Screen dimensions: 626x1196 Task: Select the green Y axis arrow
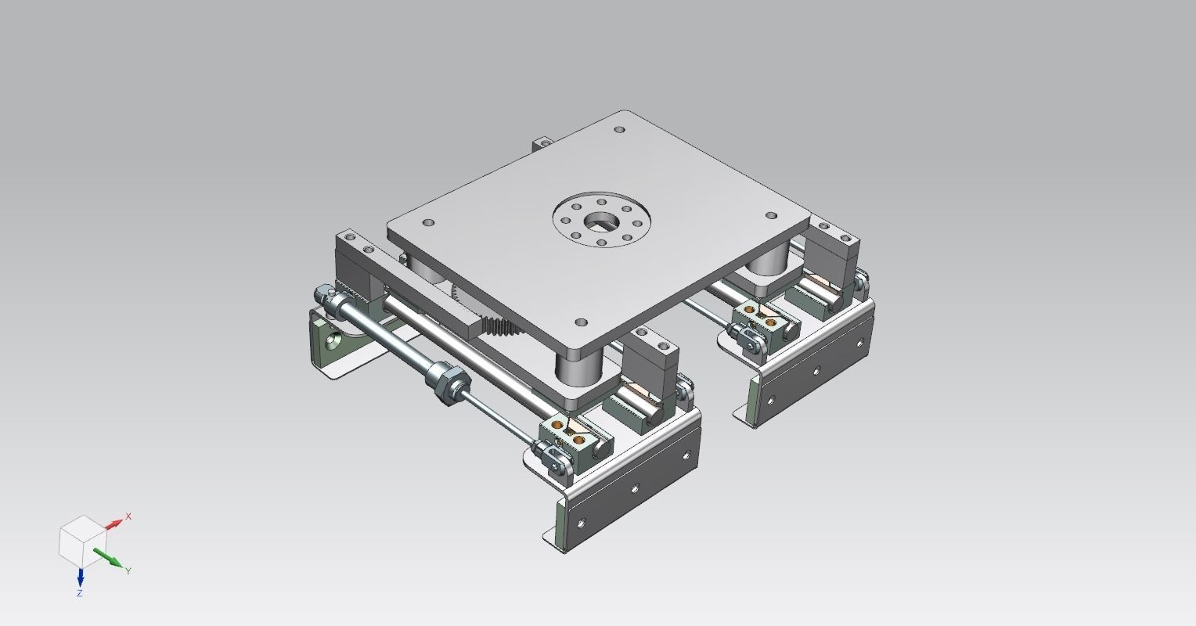coord(108,558)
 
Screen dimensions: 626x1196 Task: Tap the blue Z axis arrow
coord(80,577)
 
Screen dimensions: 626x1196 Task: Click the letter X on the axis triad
coord(129,516)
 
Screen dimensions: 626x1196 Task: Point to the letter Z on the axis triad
coord(80,594)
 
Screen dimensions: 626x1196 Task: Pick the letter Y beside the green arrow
coord(128,571)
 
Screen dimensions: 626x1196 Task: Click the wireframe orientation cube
coord(81,541)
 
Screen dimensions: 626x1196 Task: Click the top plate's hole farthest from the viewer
coord(620,130)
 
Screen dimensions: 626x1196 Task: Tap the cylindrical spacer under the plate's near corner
coord(579,368)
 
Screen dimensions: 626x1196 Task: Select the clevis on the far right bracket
coord(749,340)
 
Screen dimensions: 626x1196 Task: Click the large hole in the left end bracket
coord(335,342)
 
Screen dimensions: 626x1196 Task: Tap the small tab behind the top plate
coord(541,144)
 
